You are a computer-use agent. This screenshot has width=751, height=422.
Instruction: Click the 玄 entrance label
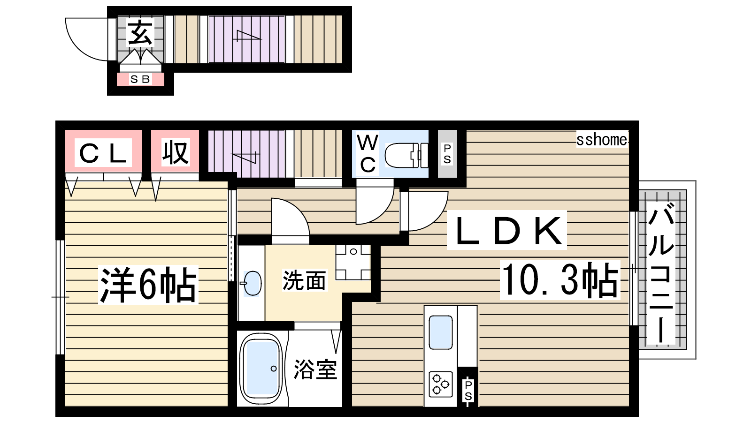pyautogui.click(x=140, y=32)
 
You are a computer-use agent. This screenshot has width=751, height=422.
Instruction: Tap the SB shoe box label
pyautogui.click(x=140, y=79)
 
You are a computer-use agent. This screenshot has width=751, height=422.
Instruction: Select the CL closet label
pyautogui.click(x=103, y=153)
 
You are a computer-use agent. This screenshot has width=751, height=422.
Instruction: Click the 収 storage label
pyautogui.click(x=176, y=153)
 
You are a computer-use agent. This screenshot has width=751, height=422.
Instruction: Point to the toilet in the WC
pyautogui.click(x=406, y=155)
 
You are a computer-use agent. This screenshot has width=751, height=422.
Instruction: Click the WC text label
pyautogui.click(x=368, y=154)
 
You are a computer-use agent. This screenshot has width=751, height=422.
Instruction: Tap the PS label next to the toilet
pyautogui.click(x=447, y=154)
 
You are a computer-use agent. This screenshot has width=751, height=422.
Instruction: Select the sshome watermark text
pyautogui.click(x=601, y=140)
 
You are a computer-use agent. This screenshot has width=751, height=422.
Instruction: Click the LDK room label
pyautogui.click(x=507, y=230)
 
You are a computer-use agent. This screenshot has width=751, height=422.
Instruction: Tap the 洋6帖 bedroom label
pyautogui.click(x=148, y=285)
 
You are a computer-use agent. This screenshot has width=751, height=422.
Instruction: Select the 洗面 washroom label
pyautogui.click(x=304, y=280)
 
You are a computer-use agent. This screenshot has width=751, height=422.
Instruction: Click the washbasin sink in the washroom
pyautogui.click(x=252, y=283)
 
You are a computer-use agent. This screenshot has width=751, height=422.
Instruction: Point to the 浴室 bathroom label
pyautogui.click(x=315, y=369)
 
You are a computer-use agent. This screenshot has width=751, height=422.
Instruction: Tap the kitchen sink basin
pyautogui.click(x=441, y=332)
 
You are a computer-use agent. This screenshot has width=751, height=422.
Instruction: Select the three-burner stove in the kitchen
pyautogui.click(x=440, y=384)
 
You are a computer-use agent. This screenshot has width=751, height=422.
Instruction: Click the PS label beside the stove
pyautogui.click(x=468, y=391)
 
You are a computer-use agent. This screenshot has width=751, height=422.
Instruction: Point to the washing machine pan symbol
pyautogui.click(x=353, y=262)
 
